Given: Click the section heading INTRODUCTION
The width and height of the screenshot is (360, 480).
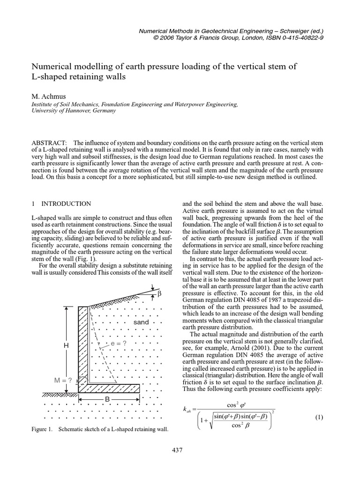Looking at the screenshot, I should (x=66, y=204).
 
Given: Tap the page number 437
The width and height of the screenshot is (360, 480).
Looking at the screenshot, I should (x=177, y=450).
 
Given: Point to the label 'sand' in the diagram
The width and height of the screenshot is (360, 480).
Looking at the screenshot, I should (x=141, y=322).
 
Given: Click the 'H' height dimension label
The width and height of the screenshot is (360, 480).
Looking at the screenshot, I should (x=66, y=345).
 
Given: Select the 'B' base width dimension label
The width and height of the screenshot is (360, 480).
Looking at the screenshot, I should (x=107, y=399).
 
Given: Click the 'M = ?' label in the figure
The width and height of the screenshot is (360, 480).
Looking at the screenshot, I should (x=62, y=380).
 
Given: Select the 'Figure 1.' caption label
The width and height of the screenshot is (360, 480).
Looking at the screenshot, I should (x=42, y=429).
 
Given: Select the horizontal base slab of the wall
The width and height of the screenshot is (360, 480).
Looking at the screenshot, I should (x=109, y=388).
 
